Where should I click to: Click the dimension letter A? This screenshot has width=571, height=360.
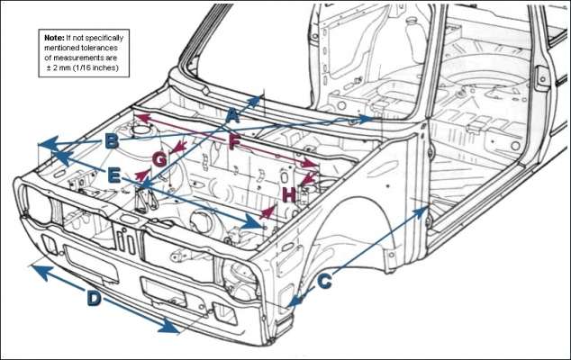pyautogui.click(x=231, y=116)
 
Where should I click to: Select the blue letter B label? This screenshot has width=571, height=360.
pyautogui.click(x=111, y=141)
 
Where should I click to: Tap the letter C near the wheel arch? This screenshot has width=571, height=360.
pyautogui.click(x=325, y=281)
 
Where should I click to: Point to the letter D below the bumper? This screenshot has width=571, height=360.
pyautogui.click(x=94, y=298)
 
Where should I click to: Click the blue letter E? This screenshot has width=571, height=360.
pyautogui.click(x=113, y=176)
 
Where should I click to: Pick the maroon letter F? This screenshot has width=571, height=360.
pyautogui.click(x=234, y=141)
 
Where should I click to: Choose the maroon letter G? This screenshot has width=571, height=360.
pyautogui.click(x=159, y=160)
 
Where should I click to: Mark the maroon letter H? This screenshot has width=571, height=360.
pyautogui.click(x=288, y=194)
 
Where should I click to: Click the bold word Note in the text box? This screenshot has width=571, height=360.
pyautogui.click(x=54, y=39)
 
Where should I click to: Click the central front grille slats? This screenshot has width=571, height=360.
pyautogui.click(x=126, y=239)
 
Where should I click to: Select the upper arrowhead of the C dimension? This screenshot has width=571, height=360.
pyautogui.click(x=424, y=208)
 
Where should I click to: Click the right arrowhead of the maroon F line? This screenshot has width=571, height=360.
pyautogui.click(x=315, y=165)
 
